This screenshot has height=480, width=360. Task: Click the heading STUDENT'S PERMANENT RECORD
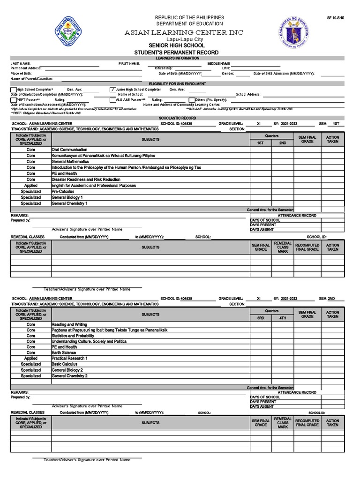(x=190, y=52)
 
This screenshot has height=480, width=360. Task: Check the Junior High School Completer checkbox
(x=112, y=90)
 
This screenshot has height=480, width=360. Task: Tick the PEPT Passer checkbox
(x=14, y=100)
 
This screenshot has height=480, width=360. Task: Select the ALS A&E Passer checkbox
(x=112, y=100)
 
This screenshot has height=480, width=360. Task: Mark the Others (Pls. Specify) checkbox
(x=192, y=100)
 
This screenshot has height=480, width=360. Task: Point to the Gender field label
(x=228, y=74)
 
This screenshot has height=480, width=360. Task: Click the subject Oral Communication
(x=69, y=150)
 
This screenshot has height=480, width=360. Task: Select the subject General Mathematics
(x=70, y=161)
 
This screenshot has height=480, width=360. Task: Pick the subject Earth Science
(x=64, y=352)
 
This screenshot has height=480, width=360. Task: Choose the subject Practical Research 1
(x=70, y=358)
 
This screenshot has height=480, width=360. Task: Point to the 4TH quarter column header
(x=283, y=318)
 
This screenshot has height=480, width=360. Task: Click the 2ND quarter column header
(x=283, y=143)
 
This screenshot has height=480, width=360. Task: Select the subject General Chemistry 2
(x=70, y=376)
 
